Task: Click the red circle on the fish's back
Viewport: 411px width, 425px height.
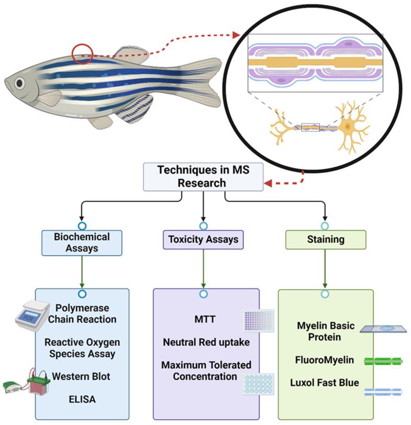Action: (x=82, y=53)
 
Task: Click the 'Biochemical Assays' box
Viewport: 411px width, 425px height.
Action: (x=82, y=242)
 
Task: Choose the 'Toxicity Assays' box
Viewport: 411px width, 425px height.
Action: (x=203, y=239)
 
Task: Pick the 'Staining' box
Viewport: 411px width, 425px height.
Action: (x=325, y=239)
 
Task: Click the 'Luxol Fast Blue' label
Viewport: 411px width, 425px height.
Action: (x=325, y=383)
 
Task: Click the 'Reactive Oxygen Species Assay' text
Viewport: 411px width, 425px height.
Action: (x=82, y=348)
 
